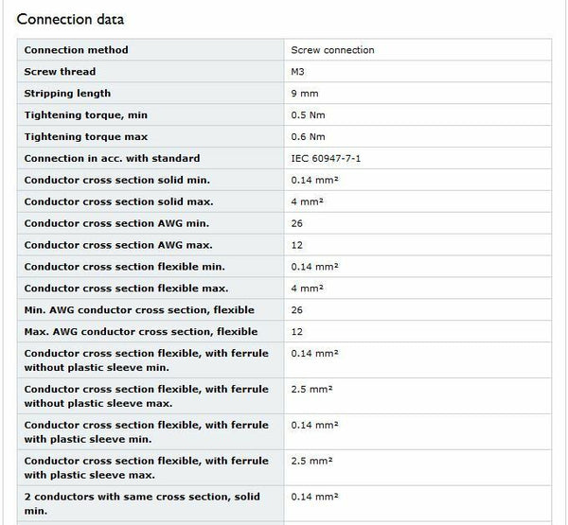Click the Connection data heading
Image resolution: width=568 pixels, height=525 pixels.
pyautogui.click(x=70, y=19)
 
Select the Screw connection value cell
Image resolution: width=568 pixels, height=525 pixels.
pyautogui.click(x=332, y=50)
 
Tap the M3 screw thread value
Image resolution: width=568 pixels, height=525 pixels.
pyautogui.click(x=299, y=72)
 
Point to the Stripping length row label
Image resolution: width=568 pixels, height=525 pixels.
pyautogui.click(x=67, y=94)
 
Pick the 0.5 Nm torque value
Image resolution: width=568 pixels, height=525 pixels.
pyautogui.click(x=309, y=115)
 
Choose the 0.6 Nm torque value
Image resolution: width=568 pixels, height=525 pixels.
pyautogui.click(x=309, y=137)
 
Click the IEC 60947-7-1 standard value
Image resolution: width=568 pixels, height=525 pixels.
pyautogui.click(x=326, y=159)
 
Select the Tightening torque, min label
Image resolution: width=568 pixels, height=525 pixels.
pyautogui.click(x=86, y=115)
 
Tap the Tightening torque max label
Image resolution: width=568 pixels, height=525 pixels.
pyautogui.click(x=84, y=137)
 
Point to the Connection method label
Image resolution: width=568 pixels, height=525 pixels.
pyautogui.click(x=76, y=50)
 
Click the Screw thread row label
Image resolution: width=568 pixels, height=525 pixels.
pyautogui.click(x=60, y=72)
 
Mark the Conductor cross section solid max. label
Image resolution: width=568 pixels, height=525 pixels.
pyautogui.click(x=117, y=201)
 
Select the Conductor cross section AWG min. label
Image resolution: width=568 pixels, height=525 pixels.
pyautogui.click(x=116, y=223)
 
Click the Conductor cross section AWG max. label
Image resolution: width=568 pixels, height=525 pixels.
pyautogui.click(x=117, y=245)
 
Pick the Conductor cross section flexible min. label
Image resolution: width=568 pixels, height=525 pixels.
pyautogui.click(x=125, y=267)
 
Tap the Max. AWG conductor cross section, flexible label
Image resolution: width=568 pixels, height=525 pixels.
pyautogui.click(x=140, y=332)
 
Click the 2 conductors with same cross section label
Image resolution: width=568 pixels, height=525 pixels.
pyautogui.click(x=141, y=503)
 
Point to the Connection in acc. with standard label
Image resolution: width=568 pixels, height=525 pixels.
pyautogui.click(x=112, y=159)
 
